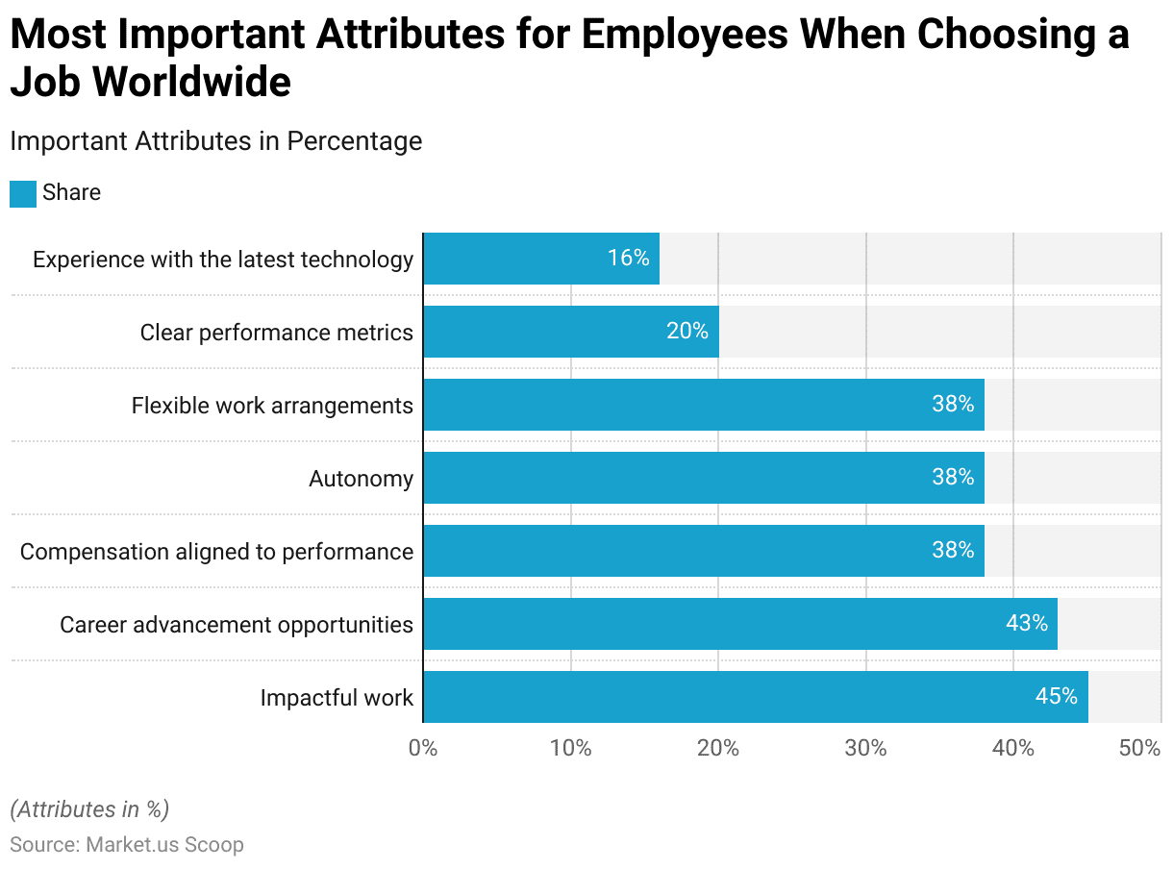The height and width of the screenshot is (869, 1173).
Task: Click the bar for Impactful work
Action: click(x=755, y=697)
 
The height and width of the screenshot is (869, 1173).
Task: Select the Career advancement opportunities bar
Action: click(x=739, y=624)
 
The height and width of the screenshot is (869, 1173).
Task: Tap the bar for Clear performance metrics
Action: click(x=570, y=332)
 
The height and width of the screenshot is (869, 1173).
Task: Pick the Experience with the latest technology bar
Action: click(x=540, y=259)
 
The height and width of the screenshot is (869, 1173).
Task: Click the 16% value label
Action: click(x=628, y=259)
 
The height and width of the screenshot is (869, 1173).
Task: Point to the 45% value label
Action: click(x=1056, y=697)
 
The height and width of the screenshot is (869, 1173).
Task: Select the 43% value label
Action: click(x=1026, y=624)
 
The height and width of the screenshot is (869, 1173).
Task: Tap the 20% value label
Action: click(x=686, y=332)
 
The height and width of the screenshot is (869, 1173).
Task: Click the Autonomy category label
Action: click(x=361, y=479)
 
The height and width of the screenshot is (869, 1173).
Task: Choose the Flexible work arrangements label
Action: click(x=272, y=406)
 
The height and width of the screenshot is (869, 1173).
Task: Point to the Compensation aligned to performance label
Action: click(x=216, y=552)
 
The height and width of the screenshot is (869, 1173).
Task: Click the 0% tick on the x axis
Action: click(x=423, y=749)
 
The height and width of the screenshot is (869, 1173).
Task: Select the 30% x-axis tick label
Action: click(x=865, y=749)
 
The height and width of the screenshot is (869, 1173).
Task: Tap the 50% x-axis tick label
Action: click(x=1140, y=749)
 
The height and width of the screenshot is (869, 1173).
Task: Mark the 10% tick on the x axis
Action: click(x=570, y=749)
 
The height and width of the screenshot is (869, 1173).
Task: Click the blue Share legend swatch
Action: click(x=23, y=193)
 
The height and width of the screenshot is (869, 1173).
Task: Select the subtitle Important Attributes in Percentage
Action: click(x=215, y=141)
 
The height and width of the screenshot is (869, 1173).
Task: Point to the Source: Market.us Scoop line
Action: click(x=127, y=845)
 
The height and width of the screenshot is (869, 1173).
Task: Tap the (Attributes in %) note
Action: click(x=89, y=809)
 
